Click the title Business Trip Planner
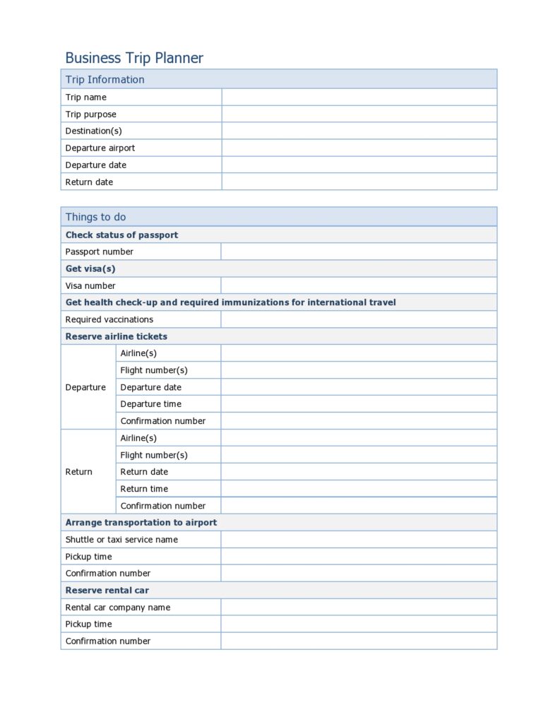tap(134, 58)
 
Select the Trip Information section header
tap(105, 79)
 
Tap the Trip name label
tap(86, 97)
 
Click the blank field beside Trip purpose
tap(359, 114)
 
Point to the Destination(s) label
tap(93, 131)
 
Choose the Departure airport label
tap(100, 148)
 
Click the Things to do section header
tap(95, 217)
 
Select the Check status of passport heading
tap(121, 235)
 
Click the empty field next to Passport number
tap(359, 251)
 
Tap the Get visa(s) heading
tap(90, 268)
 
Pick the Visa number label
tap(90, 285)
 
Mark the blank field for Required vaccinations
tap(359, 319)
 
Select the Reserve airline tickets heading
tap(117, 336)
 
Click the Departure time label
tap(150, 404)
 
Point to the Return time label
tap(144, 489)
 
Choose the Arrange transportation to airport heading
tap(141, 523)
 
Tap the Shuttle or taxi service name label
tap(121, 540)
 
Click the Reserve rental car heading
tap(107, 591)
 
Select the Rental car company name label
tap(118, 608)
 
